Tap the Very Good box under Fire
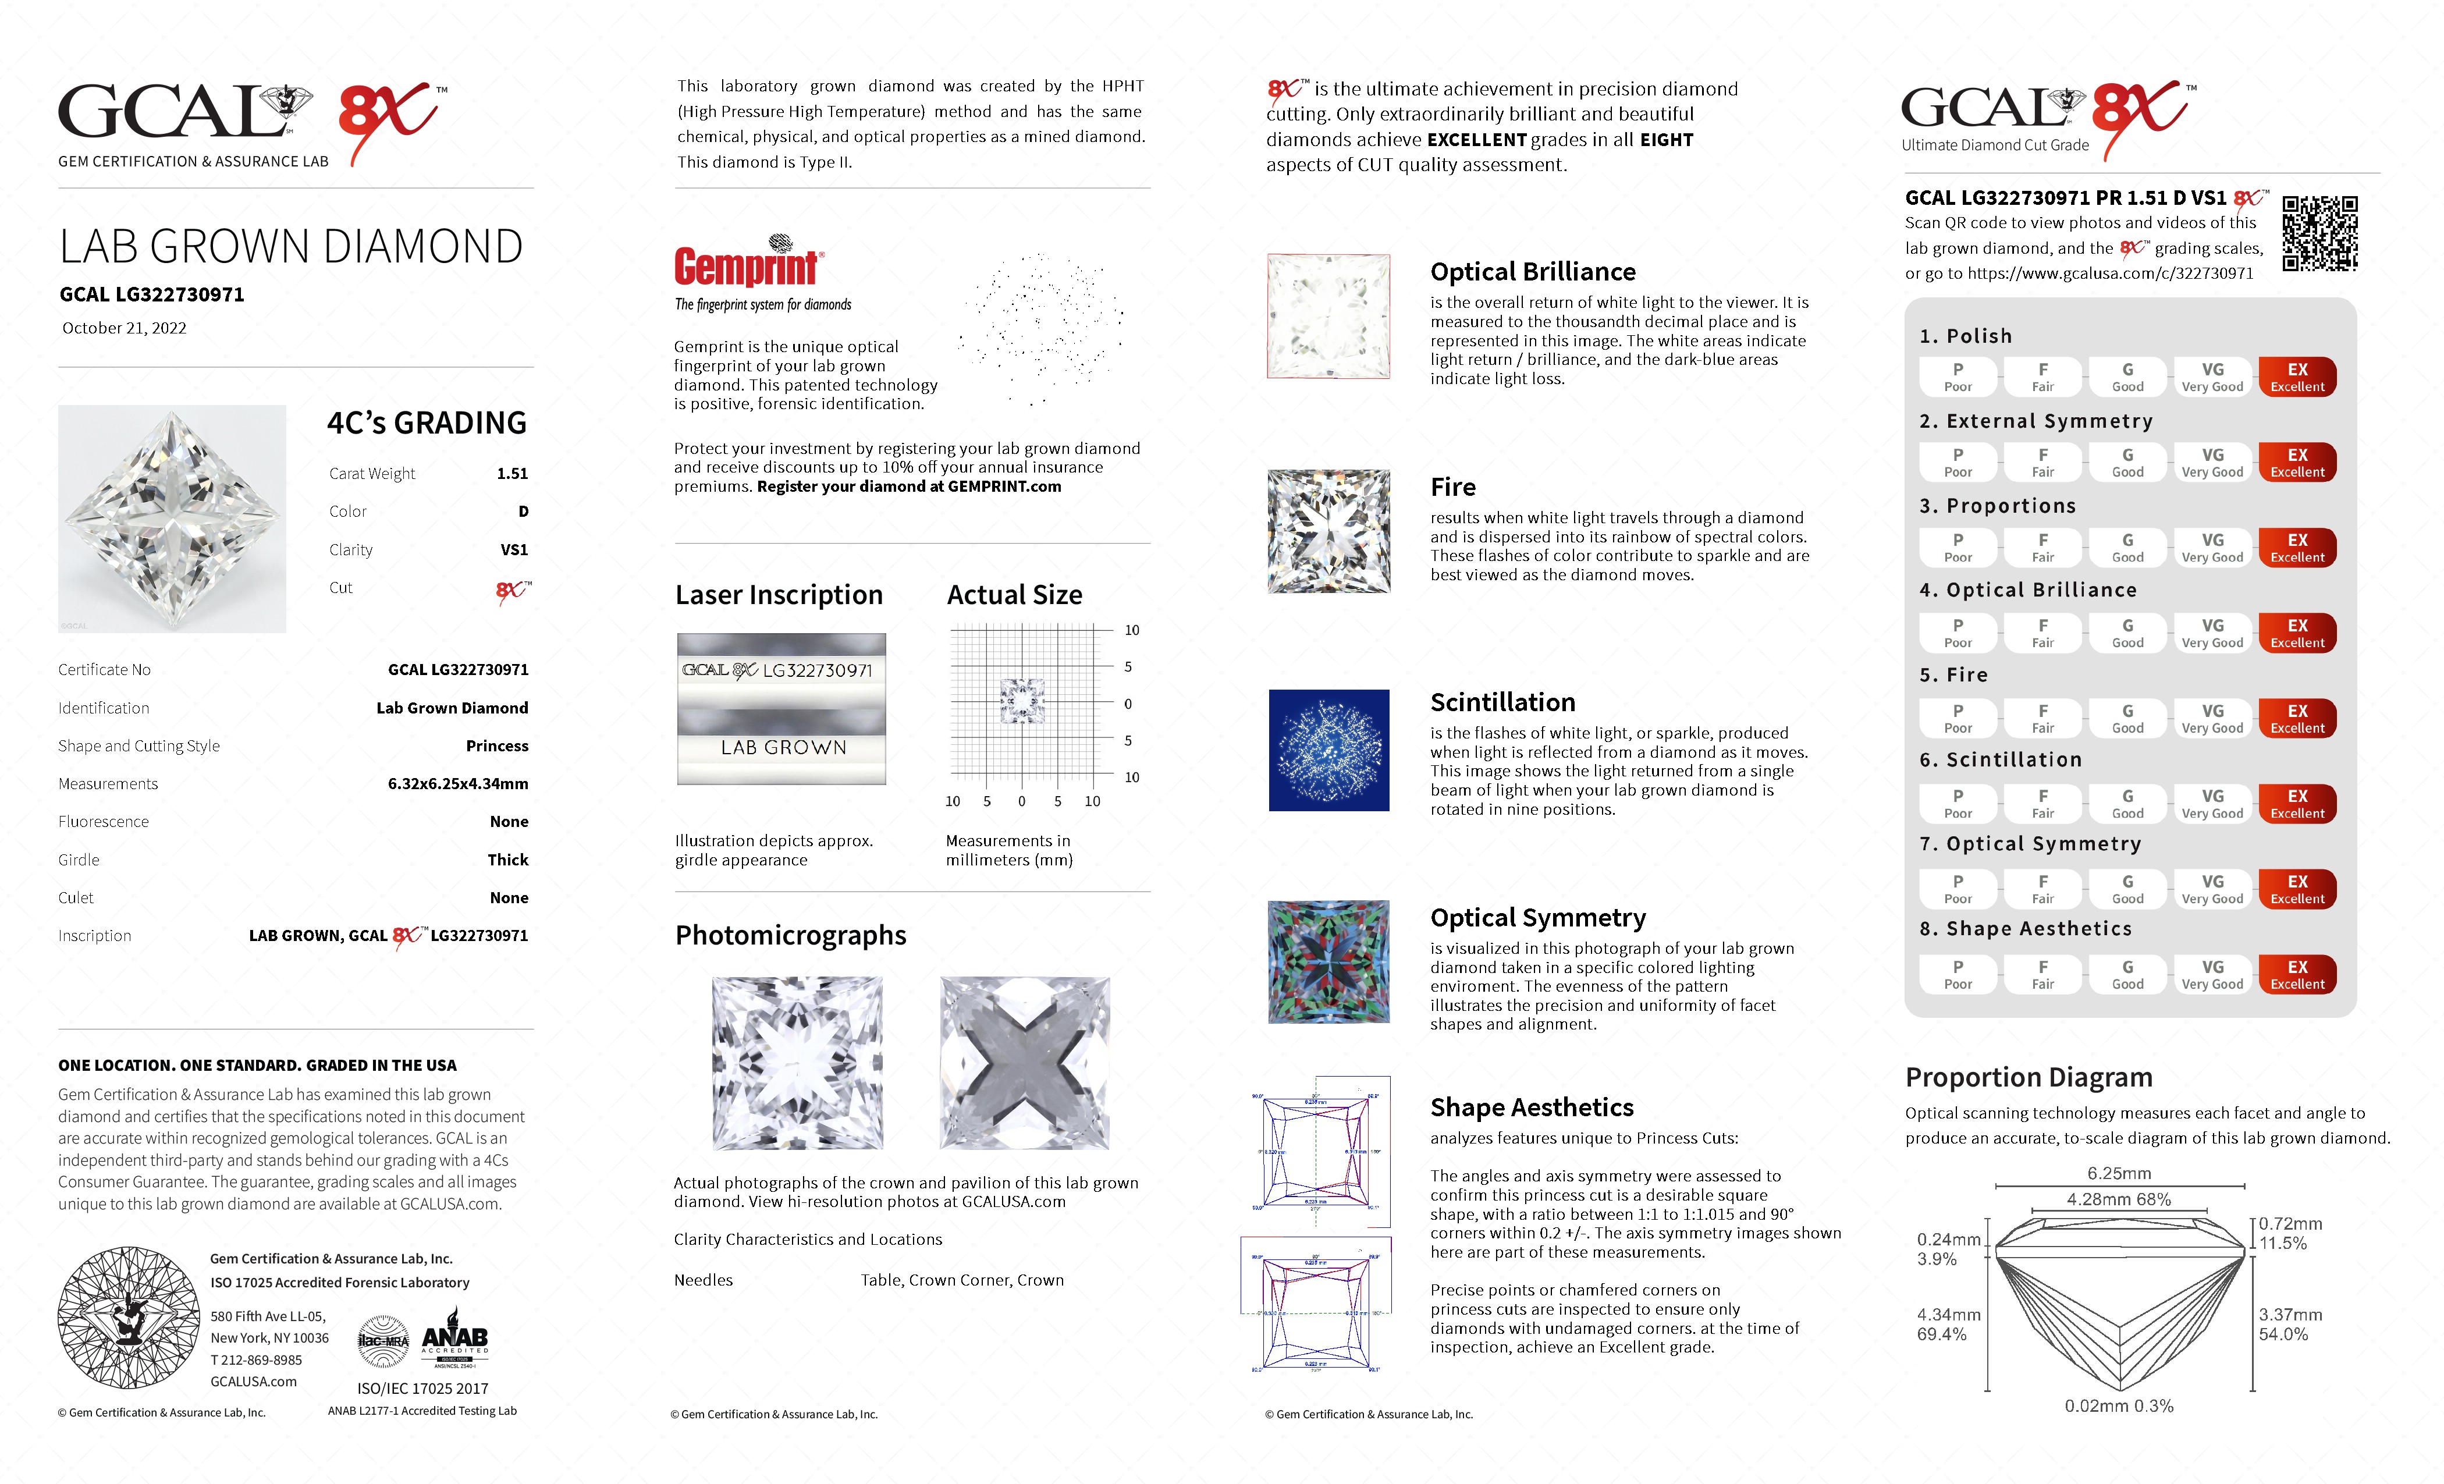click(2212, 718)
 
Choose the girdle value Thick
click(508, 860)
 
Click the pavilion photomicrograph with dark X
click(1025, 1063)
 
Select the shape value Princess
click(497, 746)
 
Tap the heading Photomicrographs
click(791, 935)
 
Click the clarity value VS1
click(514, 549)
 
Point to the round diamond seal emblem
click(129, 1318)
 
